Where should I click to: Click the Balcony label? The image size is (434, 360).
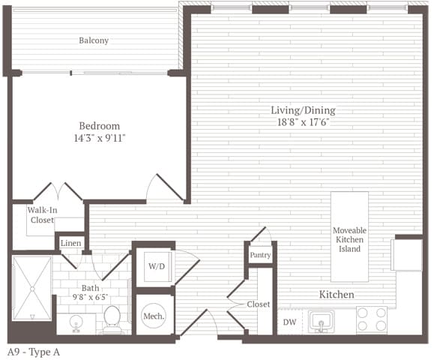[x=94, y=40]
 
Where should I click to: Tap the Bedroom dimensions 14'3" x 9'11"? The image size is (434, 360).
[x=99, y=139]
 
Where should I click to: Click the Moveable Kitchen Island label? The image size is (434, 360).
[x=349, y=239]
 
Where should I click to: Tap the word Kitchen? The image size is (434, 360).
[x=337, y=295]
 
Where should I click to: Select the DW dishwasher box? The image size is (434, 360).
[x=289, y=322]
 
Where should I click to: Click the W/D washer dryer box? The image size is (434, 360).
[x=155, y=265]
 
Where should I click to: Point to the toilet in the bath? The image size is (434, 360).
[x=113, y=318]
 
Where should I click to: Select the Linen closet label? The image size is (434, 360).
[x=70, y=243]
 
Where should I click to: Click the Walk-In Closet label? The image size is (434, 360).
[x=43, y=215]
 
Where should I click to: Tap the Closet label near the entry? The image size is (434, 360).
[x=259, y=304]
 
